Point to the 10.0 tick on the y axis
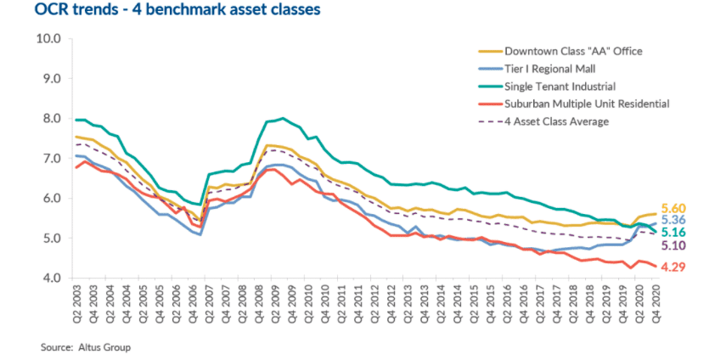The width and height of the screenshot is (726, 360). [48, 39]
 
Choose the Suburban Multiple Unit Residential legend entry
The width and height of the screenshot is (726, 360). [585, 104]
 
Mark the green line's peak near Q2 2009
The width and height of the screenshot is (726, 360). [283, 118]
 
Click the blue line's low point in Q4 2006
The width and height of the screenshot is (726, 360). [200, 234]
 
